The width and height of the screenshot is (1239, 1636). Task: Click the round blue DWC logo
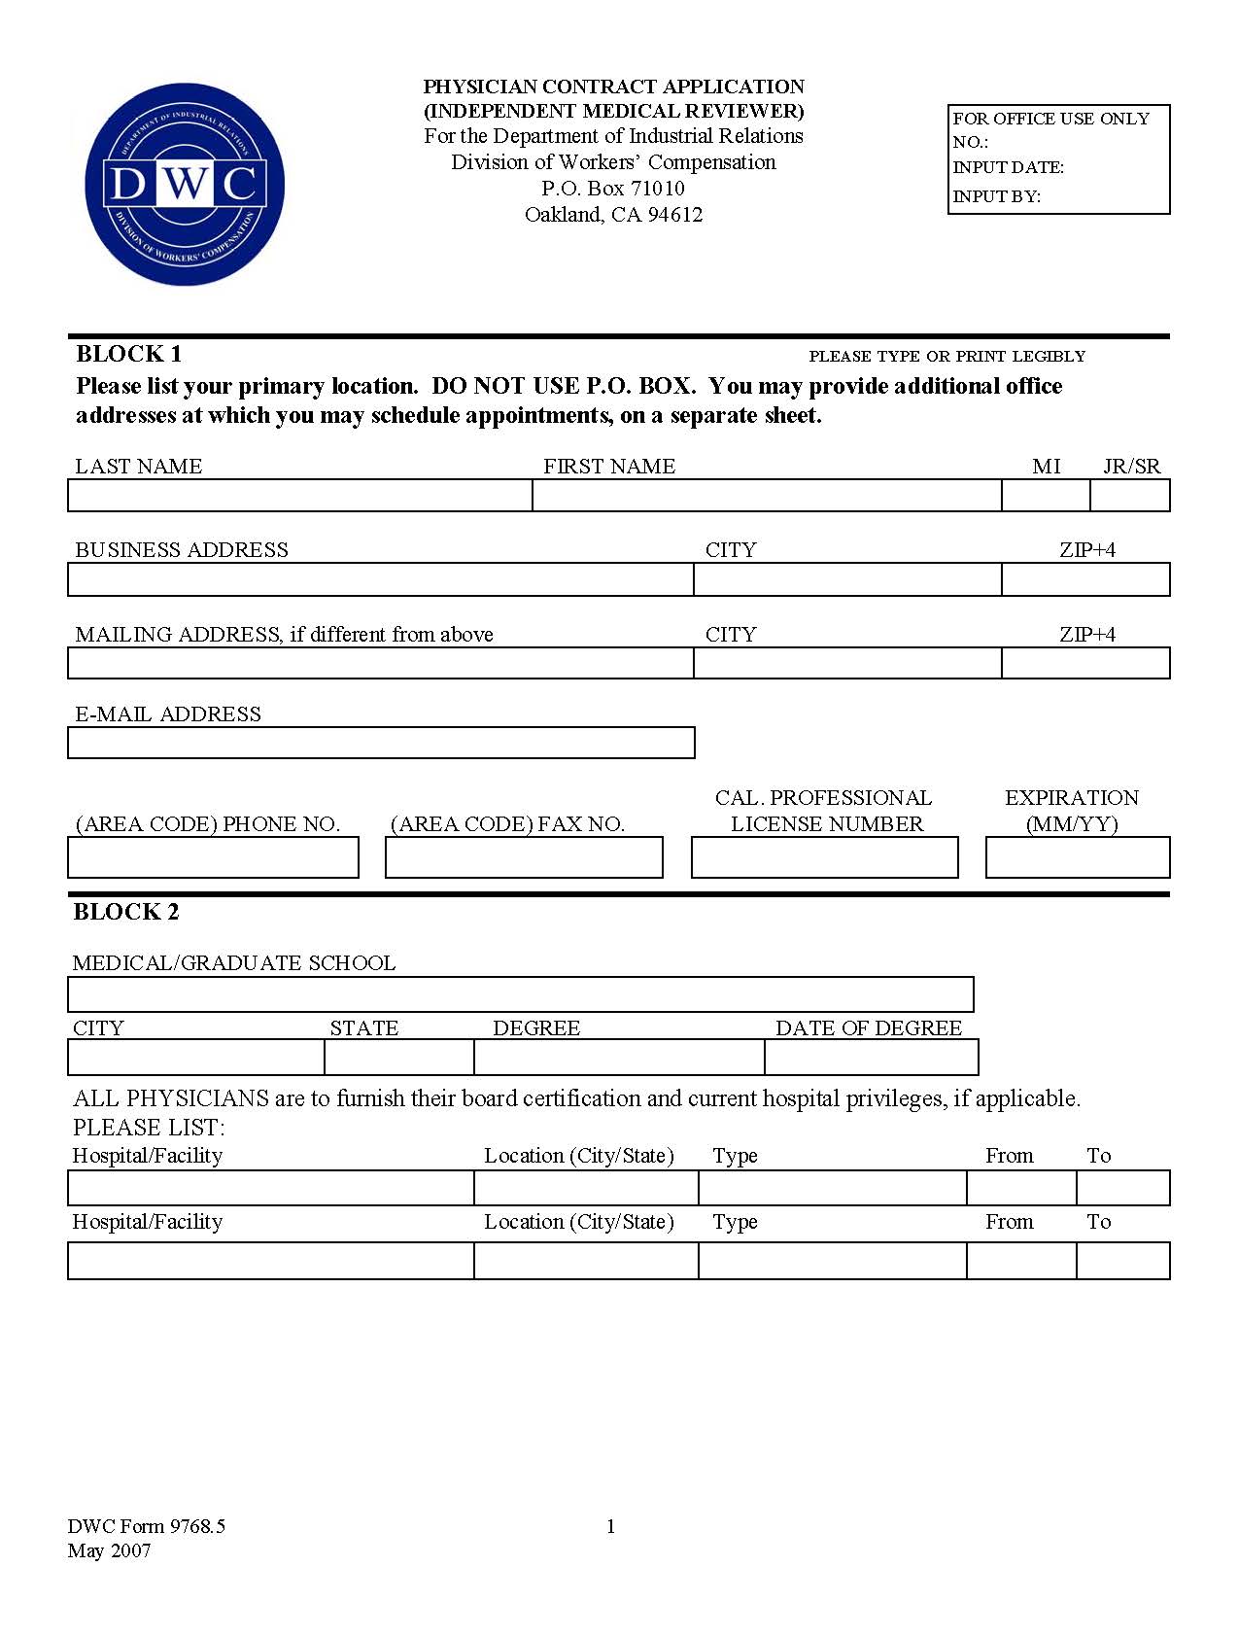185,185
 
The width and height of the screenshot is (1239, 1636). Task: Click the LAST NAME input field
299,496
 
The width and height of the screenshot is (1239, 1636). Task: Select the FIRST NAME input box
767,496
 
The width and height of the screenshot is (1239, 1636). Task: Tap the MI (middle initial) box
1046,496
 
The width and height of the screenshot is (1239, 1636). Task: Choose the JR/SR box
1129,496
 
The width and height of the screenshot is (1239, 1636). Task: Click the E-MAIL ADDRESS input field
381,743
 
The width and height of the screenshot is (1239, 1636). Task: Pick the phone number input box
213,857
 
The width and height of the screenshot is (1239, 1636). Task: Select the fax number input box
524,857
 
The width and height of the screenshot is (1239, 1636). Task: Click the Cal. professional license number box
824,857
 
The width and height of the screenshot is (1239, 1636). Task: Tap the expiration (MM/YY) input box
1078,857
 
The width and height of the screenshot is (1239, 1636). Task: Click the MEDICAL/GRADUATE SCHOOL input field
520,994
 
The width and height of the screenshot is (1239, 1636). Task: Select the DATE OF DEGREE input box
871,1057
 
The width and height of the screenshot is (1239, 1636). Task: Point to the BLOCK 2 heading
126,912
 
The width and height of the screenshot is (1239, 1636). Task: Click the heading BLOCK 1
128,354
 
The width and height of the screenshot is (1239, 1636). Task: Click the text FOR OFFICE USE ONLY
1050,119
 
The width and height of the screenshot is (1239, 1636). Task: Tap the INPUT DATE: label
1008,167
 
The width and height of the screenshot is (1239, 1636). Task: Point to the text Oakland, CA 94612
613,215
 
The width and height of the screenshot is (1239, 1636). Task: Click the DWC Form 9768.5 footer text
146,1526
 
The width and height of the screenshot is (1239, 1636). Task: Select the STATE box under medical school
398,1057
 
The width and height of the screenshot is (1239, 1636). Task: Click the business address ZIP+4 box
1085,580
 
